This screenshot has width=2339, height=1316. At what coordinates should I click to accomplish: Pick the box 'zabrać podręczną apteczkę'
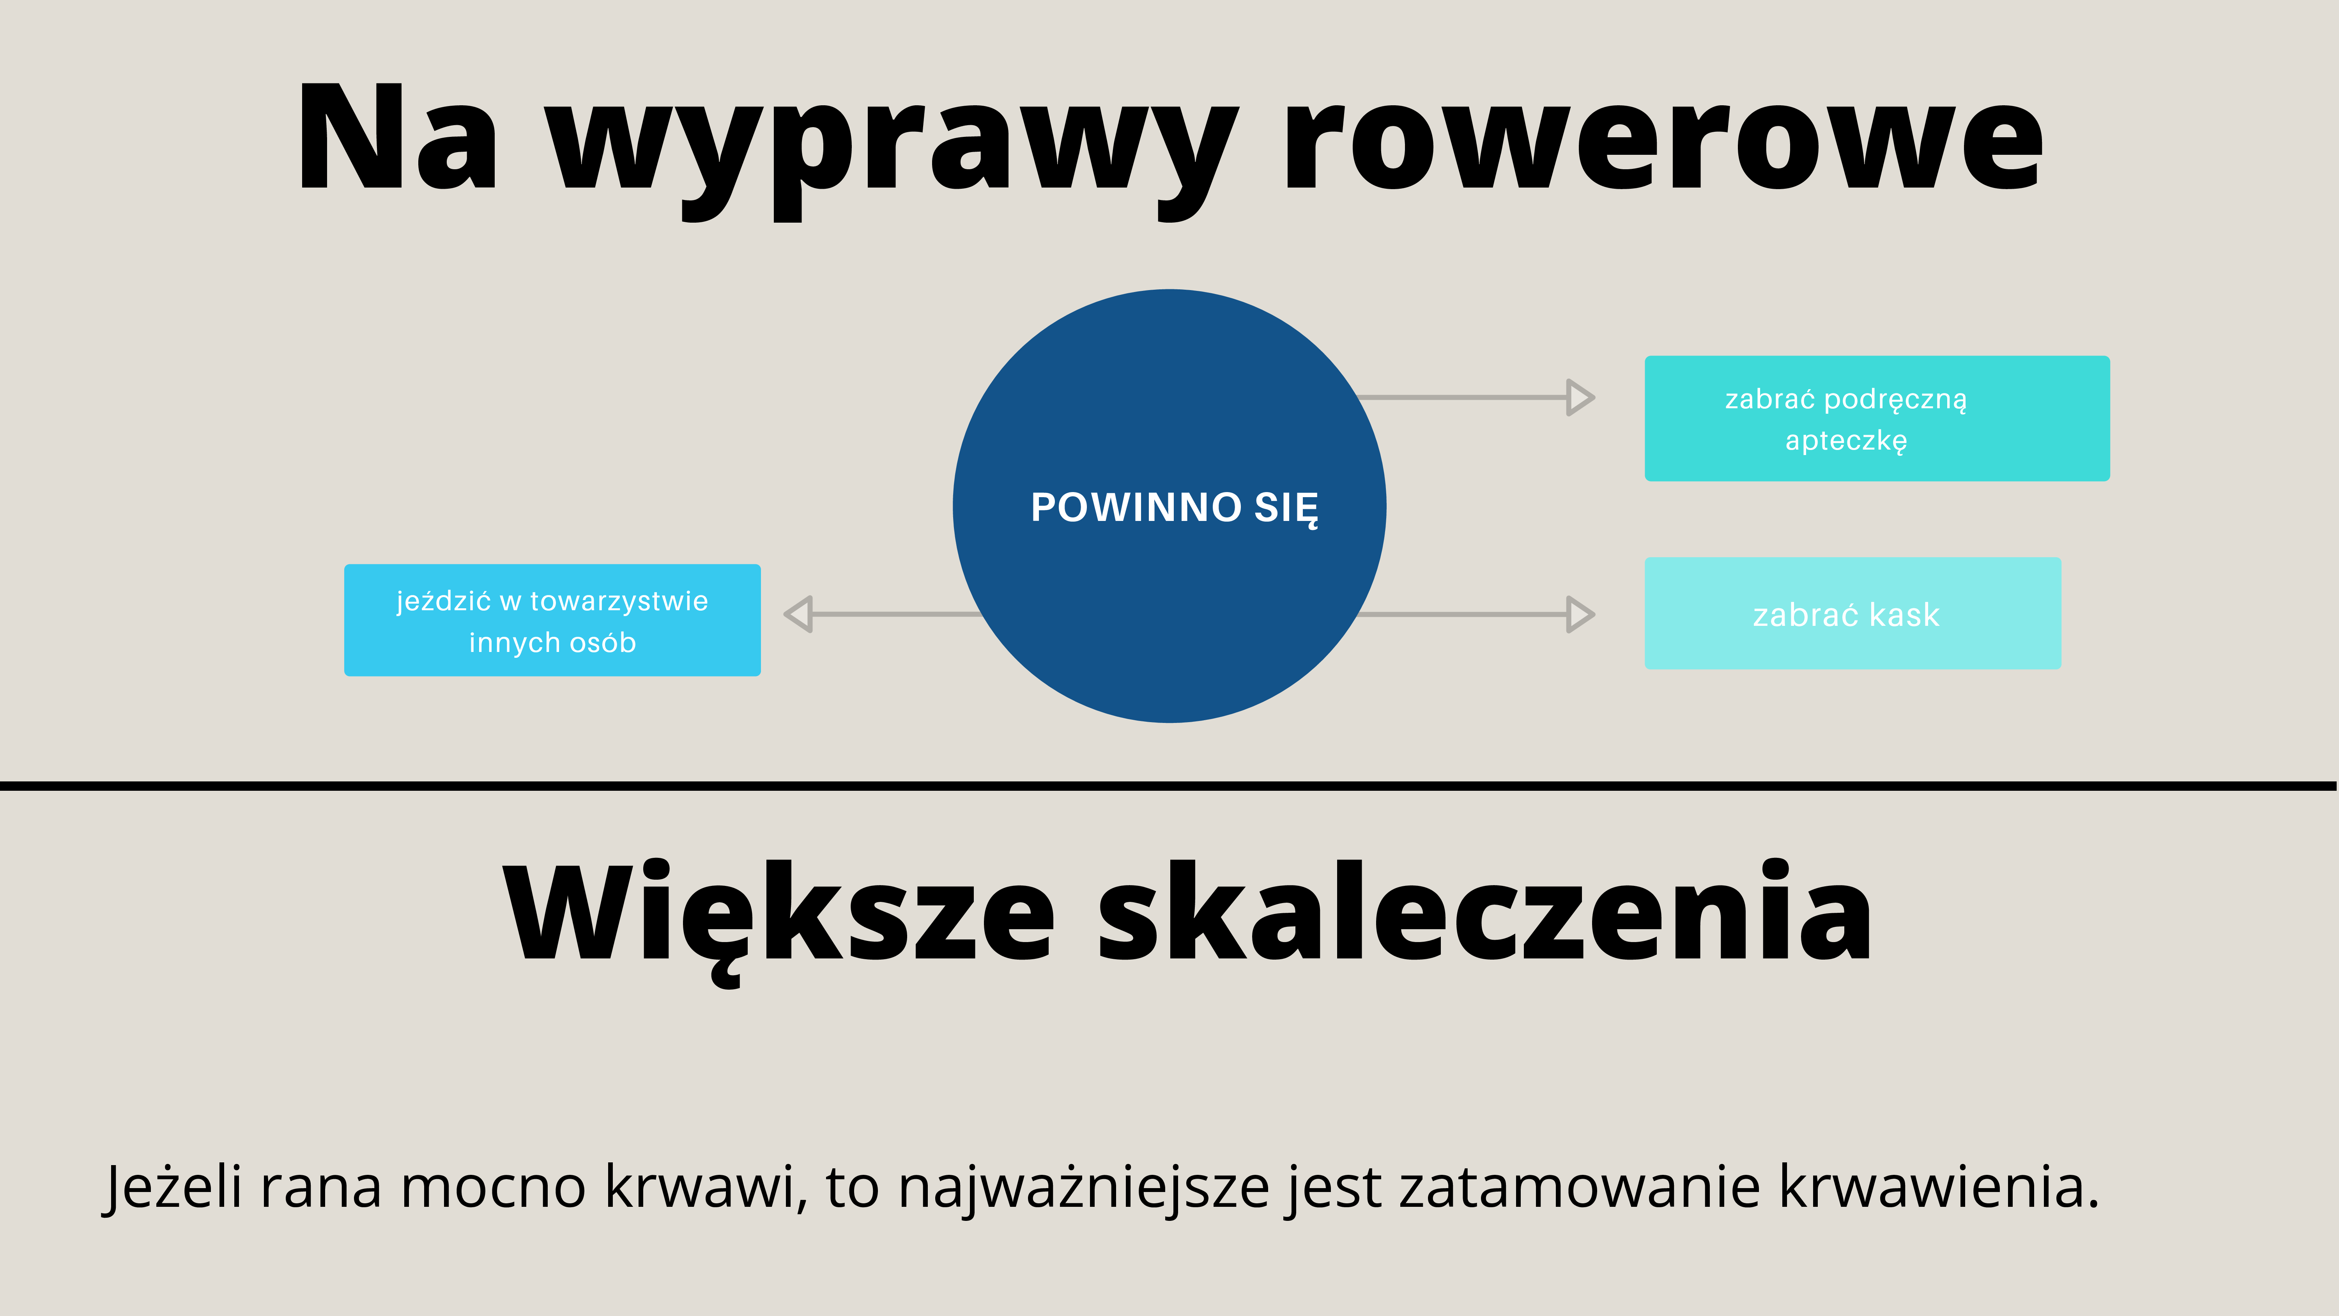tap(1877, 419)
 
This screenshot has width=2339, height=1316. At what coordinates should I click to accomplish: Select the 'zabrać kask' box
tap(1852, 614)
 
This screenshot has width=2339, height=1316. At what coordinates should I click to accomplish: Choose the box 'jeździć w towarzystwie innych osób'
tap(552, 620)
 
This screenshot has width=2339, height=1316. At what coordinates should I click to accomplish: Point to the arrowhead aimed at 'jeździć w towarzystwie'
tap(798, 615)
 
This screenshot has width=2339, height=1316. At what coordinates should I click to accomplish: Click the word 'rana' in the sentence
tap(320, 1192)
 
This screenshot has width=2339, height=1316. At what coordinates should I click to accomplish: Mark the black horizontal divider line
tap(1168, 786)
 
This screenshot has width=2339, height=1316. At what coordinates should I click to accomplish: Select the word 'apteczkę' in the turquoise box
tap(1846, 441)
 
